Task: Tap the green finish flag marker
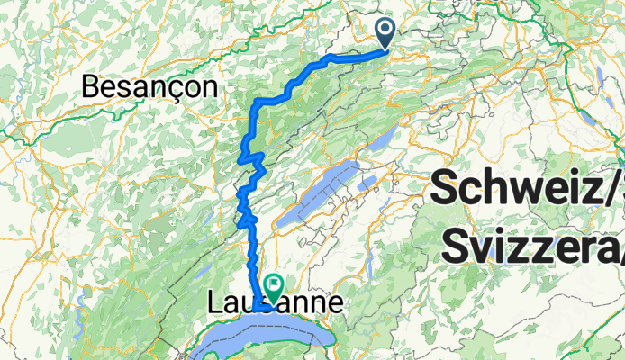coord(273,285)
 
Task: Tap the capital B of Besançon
coord(92,86)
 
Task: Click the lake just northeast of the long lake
coord(383,139)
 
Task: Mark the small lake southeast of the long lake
coord(367,184)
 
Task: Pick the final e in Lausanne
coord(334,304)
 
